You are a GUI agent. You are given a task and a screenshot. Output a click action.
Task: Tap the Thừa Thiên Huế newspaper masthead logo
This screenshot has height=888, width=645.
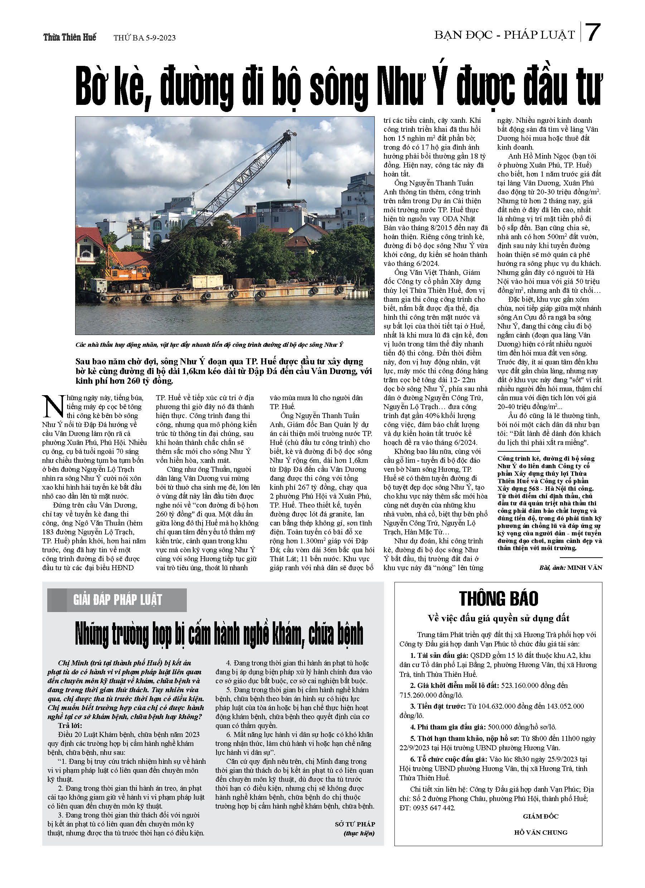69,37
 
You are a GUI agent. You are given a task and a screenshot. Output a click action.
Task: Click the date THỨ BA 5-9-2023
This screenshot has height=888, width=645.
144,38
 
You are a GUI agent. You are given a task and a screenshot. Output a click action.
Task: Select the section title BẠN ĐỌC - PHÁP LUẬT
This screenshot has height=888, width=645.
504,35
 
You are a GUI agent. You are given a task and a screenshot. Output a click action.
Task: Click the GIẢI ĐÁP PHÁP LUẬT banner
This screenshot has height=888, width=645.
117,600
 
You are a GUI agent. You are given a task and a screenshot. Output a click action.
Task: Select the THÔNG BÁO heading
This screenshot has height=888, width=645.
498,599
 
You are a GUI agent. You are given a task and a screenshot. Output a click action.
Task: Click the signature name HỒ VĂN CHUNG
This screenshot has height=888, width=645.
540,833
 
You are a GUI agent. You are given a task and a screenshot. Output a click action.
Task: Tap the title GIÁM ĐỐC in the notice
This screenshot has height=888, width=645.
540,816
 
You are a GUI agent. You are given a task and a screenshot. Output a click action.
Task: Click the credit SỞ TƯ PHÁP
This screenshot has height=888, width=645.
355,824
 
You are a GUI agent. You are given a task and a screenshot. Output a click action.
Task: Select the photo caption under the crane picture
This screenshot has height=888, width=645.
209,345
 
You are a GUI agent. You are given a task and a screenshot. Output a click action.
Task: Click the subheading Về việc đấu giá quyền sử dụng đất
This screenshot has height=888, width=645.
498,618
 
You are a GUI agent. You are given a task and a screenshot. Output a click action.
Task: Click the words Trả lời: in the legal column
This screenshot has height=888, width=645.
70,726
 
